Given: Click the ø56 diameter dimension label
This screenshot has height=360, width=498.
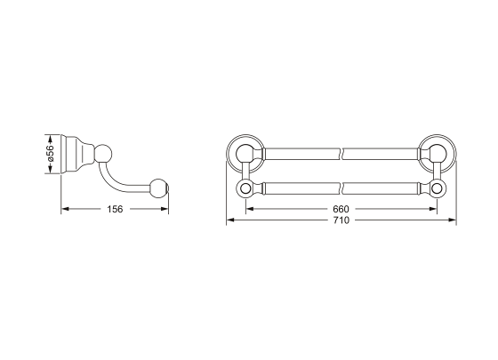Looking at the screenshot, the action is pyautogui.click(x=50, y=155).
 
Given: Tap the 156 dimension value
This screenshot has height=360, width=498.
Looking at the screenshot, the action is pyautogui.click(x=115, y=209).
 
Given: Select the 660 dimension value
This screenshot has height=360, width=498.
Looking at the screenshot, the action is pyautogui.click(x=341, y=209).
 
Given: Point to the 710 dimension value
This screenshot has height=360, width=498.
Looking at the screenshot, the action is pyautogui.click(x=341, y=220).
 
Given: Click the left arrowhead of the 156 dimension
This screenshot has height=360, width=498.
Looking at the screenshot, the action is pyautogui.click(x=65, y=209).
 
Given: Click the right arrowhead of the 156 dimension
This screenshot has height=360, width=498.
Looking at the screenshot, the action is pyautogui.click(x=165, y=209).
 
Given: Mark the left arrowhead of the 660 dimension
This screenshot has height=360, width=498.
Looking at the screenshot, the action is pyautogui.click(x=250, y=209).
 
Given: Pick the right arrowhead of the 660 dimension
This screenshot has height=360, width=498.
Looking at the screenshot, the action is pyautogui.click(x=433, y=209).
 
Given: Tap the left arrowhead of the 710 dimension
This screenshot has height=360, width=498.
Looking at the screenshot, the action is pyautogui.click(x=230, y=220).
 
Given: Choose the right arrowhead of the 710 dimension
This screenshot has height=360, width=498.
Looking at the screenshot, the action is pyautogui.click(x=453, y=220).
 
